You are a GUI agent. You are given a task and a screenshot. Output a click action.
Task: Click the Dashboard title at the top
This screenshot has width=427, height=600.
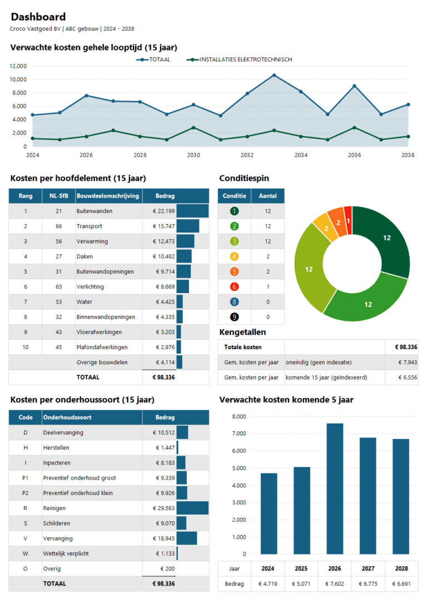click(38, 17)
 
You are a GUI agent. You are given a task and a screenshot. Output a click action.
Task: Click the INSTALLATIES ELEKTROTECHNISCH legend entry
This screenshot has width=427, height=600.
click(245, 59)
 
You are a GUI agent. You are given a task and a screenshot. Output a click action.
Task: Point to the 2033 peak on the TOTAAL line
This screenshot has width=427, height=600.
click(274, 75)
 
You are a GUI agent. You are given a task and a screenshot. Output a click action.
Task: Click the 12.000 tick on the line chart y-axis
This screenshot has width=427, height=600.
click(18, 66)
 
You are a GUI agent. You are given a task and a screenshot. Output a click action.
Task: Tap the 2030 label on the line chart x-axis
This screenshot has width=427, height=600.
click(193, 155)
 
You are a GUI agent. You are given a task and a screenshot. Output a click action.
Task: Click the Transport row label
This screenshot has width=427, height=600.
click(89, 226)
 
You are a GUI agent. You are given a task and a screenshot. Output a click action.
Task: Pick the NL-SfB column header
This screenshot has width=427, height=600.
click(58, 196)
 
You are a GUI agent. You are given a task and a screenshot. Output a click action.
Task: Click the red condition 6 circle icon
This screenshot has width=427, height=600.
click(234, 287)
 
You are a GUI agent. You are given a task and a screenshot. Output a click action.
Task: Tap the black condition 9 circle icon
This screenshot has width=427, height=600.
click(234, 317)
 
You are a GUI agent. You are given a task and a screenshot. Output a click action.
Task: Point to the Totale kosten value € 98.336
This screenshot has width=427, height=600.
click(406, 347)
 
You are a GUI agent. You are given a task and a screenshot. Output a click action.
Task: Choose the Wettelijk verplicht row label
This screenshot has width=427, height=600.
click(66, 554)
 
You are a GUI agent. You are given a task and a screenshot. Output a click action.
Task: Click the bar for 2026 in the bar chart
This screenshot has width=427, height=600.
click(335, 488)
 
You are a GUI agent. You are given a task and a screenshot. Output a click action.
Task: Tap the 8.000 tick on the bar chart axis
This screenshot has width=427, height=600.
click(239, 417)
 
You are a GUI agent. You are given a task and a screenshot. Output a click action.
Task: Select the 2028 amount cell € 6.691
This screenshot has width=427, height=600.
click(401, 584)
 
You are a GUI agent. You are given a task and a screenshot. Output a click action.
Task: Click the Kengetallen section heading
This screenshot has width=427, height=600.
click(242, 332)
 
